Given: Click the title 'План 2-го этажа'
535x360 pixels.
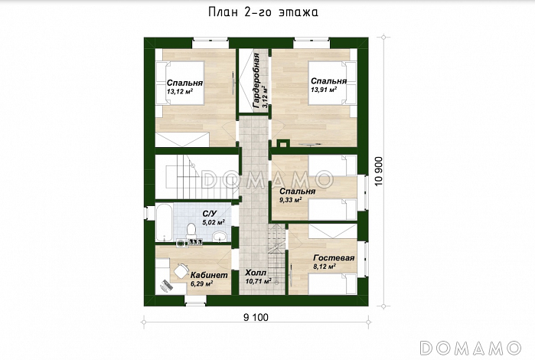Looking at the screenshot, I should click(263, 12).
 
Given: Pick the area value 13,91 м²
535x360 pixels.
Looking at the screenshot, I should click(324, 90).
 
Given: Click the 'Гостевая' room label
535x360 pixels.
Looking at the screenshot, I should click(334, 258).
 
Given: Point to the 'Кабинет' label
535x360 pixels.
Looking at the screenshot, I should click(208, 275).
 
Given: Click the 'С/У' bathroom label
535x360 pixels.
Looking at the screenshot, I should click(208, 214).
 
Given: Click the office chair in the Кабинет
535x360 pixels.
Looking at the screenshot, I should click(180, 270).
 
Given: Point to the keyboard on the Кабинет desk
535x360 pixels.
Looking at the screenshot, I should click(166, 286).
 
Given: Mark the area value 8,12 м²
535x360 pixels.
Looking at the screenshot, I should click(326, 267).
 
